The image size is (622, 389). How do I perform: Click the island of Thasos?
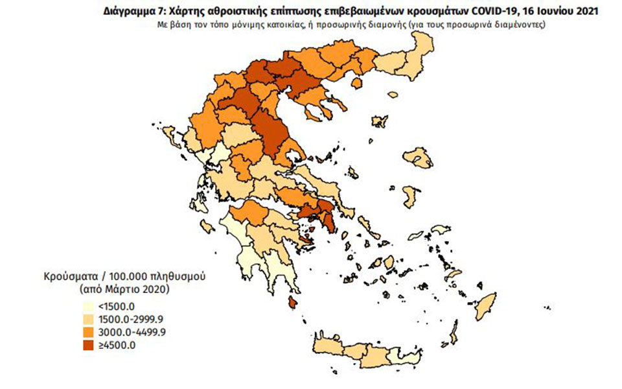coord(356,84)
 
